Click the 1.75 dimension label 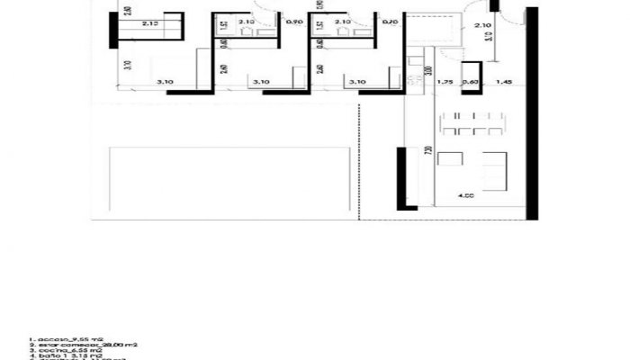pos(444,83)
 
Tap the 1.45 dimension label pos(503,83)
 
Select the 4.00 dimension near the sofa pos(465,194)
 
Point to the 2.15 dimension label pos(149,24)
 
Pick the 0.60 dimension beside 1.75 pos(470,83)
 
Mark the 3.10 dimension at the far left pos(165,83)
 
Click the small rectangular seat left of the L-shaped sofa pos(449,161)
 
